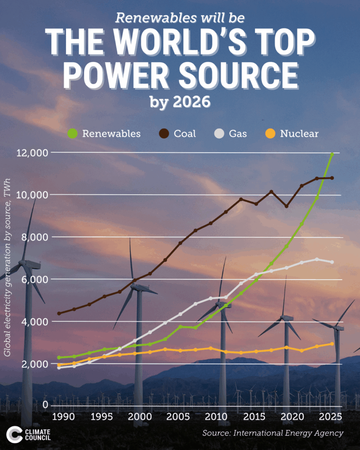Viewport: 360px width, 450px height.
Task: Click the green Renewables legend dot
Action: (73, 133)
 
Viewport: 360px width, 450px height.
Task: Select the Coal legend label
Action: (185, 133)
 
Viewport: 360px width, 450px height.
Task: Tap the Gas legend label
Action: (238, 133)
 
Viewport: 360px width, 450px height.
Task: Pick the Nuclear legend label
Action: (299, 133)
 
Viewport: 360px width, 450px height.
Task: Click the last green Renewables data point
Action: (332, 154)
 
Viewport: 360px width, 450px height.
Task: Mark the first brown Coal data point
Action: (59, 313)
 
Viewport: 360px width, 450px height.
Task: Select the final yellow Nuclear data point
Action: (332, 344)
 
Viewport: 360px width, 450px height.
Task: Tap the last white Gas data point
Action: (332, 262)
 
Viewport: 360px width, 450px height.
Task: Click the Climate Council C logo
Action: (14, 434)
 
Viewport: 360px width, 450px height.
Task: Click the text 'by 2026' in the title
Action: (180, 102)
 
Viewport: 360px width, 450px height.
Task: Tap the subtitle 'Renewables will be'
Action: (180, 18)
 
